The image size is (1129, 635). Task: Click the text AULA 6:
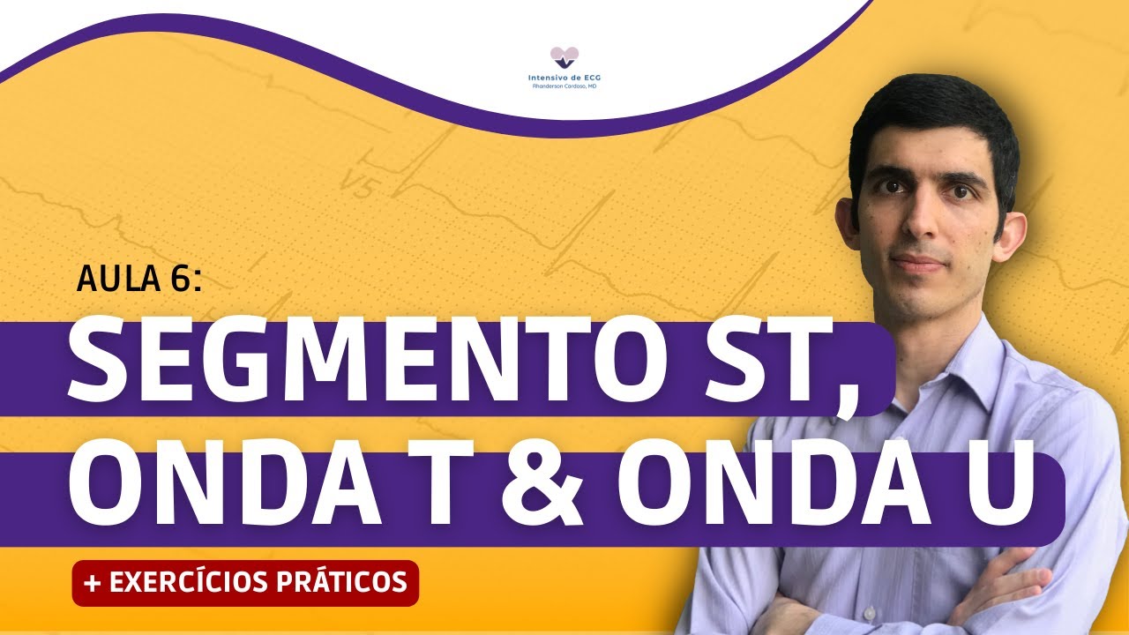coord(139,280)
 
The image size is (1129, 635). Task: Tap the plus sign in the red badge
coord(90,582)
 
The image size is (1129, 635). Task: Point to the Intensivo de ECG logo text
coord(564,78)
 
